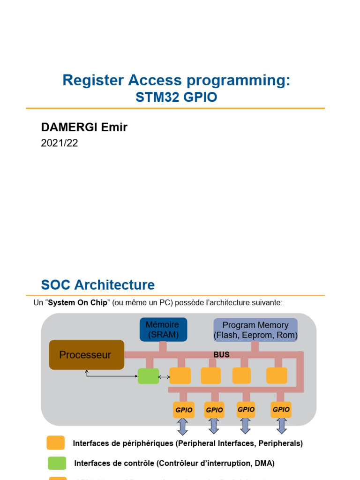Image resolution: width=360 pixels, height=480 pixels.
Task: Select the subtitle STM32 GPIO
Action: tap(176, 97)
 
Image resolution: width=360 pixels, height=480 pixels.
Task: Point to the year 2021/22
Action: tap(60, 143)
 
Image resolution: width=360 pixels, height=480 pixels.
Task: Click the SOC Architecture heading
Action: tap(97, 285)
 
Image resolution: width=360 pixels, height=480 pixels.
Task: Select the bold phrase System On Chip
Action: tap(78, 303)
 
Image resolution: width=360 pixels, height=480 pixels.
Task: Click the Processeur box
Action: tap(87, 355)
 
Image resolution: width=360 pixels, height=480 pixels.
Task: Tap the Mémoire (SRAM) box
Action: tap(163, 330)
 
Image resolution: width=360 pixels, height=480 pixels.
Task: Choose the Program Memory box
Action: tap(255, 330)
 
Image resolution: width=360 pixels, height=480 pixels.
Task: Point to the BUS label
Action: tap(221, 355)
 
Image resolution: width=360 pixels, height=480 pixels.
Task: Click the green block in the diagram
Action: tap(148, 376)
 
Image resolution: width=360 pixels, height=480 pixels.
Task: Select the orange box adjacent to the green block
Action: tap(180, 376)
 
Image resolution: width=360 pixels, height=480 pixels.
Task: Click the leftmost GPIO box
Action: tap(184, 410)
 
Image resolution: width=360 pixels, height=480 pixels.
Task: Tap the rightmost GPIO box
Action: tap(281, 409)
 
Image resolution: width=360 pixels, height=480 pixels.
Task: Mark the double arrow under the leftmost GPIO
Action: tap(183, 426)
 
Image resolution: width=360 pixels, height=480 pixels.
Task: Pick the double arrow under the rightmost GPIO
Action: tap(282, 426)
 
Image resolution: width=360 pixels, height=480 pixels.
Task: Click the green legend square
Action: tap(56, 463)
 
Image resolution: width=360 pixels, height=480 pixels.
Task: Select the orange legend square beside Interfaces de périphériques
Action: tap(56, 443)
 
